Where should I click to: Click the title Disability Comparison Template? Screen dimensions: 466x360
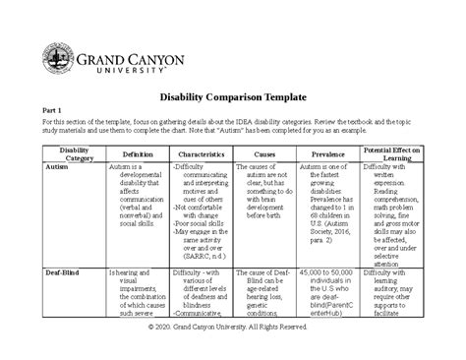pos(232,97)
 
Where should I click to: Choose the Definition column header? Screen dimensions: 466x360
pos(137,154)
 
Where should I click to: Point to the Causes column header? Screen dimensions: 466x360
pos(265,154)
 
